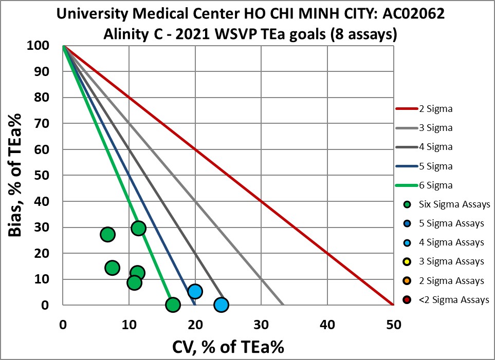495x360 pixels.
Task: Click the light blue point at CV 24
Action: click(x=221, y=305)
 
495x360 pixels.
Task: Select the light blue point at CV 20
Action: click(x=195, y=291)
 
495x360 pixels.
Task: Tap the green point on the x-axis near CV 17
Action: click(x=173, y=305)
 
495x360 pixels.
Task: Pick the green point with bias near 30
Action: click(x=138, y=228)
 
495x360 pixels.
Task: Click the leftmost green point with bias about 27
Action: click(x=107, y=235)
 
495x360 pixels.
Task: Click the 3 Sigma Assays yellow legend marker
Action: click(x=407, y=261)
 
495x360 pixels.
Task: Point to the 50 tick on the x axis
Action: click(x=393, y=325)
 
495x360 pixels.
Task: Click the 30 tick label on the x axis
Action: click(x=261, y=325)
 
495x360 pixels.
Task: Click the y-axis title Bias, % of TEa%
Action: click(x=20, y=175)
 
